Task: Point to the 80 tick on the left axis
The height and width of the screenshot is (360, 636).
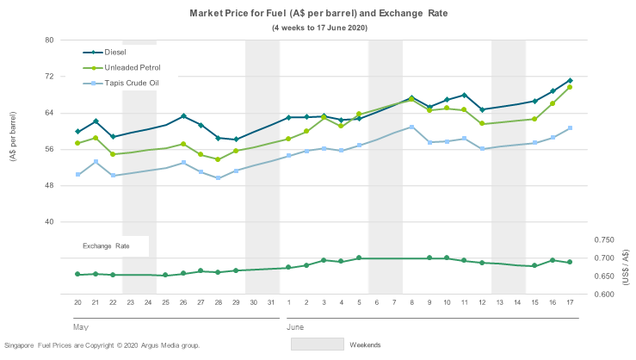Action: tap(49, 40)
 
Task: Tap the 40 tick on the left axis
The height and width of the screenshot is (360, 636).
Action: tap(49, 221)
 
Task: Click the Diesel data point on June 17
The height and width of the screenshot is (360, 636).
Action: tap(570, 81)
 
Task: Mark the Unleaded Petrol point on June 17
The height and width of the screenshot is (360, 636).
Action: tap(570, 87)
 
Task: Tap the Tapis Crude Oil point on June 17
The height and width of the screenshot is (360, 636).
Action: tap(570, 128)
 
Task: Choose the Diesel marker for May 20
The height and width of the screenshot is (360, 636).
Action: tap(77, 132)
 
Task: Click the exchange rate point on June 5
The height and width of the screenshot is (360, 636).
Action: tap(359, 258)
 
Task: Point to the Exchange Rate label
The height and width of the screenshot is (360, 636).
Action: tap(106, 245)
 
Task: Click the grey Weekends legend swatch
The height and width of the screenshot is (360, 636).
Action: tap(316, 344)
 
